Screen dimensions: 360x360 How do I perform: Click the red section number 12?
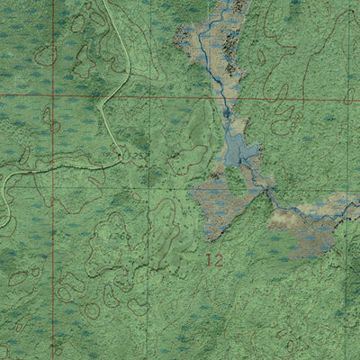213,260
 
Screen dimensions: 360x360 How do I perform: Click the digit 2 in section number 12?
218,260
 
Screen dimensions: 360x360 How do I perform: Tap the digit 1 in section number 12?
209,260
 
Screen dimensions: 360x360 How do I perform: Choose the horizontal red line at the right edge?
357,99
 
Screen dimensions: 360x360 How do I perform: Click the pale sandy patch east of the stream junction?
286,216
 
